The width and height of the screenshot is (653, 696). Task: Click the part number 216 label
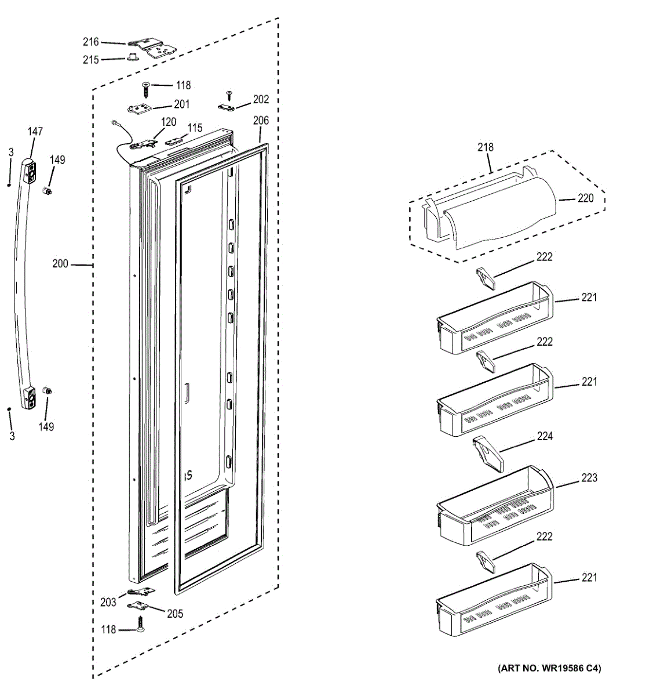(90, 42)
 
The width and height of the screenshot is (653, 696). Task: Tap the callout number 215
(90, 60)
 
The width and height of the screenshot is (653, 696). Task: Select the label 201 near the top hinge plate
(181, 104)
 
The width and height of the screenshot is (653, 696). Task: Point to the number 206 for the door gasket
(261, 121)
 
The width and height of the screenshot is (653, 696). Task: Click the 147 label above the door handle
(35, 132)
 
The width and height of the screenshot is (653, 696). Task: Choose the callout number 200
(60, 264)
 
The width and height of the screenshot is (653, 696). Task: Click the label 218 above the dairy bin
(486, 147)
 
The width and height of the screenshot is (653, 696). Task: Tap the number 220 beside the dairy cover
(585, 198)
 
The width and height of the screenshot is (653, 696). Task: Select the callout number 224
(545, 436)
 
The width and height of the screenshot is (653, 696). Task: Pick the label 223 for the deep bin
(589, 478)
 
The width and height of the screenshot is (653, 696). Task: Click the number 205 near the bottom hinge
(175, 614)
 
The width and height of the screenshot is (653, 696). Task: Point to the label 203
(108, 603)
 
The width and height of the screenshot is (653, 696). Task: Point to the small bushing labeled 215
(132, 57)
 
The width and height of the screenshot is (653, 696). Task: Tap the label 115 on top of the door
(195, 128)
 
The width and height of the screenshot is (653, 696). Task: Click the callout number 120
(169, 122)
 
